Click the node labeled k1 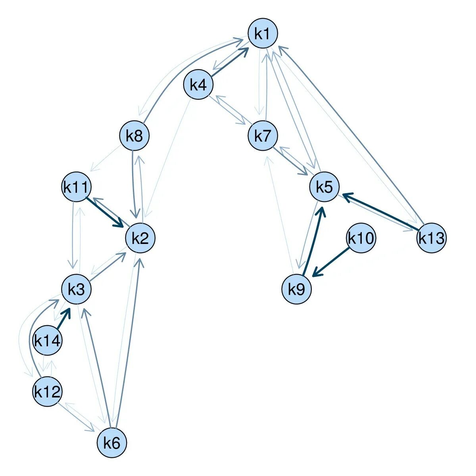pos(263,34)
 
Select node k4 pos(198,85)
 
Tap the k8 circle pos(134,136)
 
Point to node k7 pos(263,136)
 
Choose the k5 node pos(324,187)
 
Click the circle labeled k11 pos(77,187)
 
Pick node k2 pos(140,238)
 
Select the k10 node pos(361,238)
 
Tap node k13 pos(432,238)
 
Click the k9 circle pos(297,290)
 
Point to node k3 pos(77,290)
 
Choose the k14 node pos(47,340)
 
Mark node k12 pos(47,392)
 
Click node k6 pos(112,443)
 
